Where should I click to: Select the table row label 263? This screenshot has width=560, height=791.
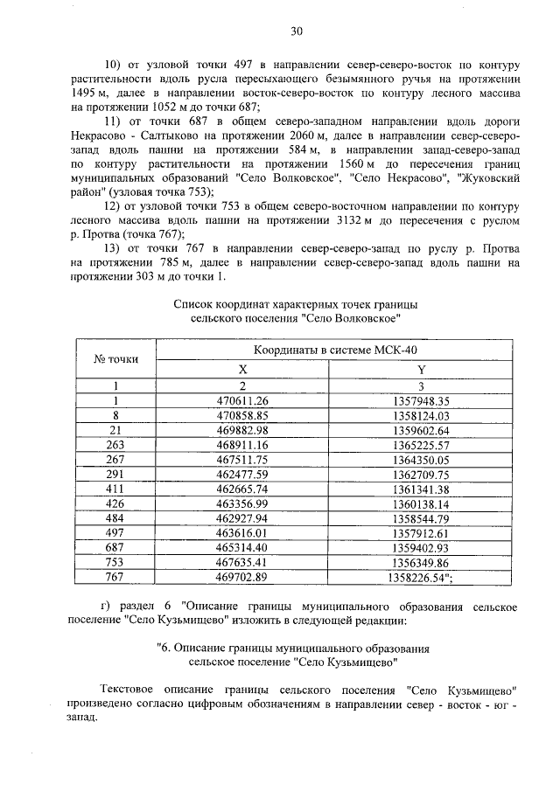(115, 445)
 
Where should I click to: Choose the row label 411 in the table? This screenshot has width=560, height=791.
(115, 489)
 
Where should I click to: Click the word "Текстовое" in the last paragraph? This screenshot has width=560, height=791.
(132, 689)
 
